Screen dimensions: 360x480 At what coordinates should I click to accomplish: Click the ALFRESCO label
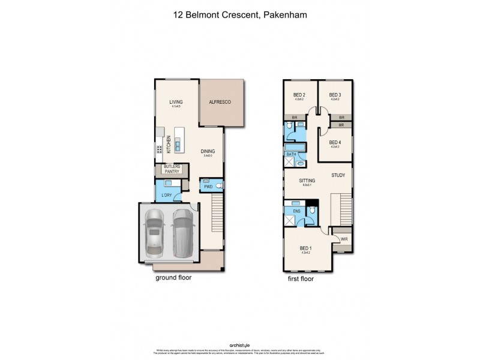(x=220, y=103)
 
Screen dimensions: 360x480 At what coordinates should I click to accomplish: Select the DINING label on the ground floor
(x=208, y=152)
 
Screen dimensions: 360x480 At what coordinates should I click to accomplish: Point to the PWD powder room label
(x=208, y=187)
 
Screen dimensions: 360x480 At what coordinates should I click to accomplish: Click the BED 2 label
(x=299, y=95)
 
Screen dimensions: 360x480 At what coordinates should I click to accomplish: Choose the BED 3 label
(x=335, y=95)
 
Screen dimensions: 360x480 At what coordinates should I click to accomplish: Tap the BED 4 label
(x=335, y=142)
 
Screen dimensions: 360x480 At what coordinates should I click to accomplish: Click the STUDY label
(x=338, y=175)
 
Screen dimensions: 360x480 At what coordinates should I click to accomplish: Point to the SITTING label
(x=308, y=180)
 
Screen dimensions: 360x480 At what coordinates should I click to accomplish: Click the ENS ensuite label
(x=296, y=211)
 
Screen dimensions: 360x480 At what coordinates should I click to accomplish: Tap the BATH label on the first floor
(x=291, y=154)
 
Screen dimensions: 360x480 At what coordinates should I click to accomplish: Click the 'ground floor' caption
(x=173, y=278)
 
